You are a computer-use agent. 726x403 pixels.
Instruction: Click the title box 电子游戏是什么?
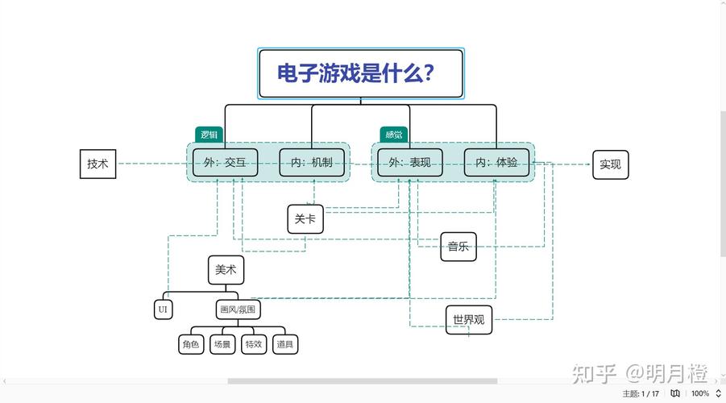pos(360,73)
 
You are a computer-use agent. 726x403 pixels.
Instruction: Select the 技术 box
pos(97,164)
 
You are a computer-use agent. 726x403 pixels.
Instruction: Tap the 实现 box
pos(610,164)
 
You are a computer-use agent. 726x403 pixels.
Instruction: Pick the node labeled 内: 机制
pos(311,163)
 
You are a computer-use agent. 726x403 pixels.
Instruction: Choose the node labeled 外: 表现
pos(409,163)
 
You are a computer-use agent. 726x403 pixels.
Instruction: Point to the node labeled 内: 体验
pos(496,163)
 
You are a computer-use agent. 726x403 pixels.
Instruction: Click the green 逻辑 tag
pos(209,135)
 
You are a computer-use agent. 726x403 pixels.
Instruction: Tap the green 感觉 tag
pos(393,135)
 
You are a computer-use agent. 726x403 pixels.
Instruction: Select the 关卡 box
pos(305,218)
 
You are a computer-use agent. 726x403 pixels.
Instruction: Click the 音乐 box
pos(458,247)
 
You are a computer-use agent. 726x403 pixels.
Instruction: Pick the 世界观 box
pos(468,319)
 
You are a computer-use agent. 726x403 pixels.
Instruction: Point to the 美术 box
pos(226,270)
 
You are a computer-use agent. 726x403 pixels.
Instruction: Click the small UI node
pos(163,310)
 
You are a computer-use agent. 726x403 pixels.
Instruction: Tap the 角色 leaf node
pos(190,344)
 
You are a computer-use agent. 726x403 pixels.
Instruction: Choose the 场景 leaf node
pos(222,344)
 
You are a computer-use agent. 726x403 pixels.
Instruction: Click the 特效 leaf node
pos(253,344)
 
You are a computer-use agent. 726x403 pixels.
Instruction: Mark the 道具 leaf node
pos(284,344)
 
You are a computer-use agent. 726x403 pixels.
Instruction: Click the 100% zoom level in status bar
pos(700,393)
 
